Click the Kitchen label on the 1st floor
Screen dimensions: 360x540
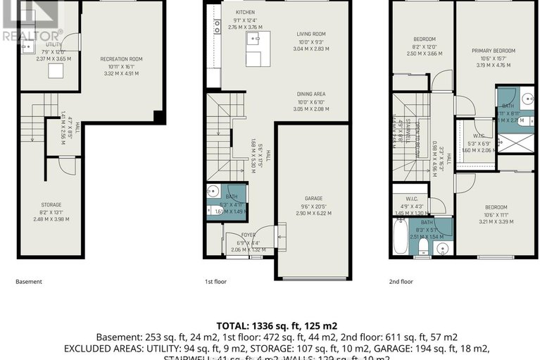click(245, 13)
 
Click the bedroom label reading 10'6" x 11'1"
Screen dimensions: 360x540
click(496, 207)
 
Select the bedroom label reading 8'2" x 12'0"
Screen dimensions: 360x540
click(422, 39)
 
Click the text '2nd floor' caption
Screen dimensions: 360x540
click(401, 282)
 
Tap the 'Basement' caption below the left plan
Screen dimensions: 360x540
click(29, 282)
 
